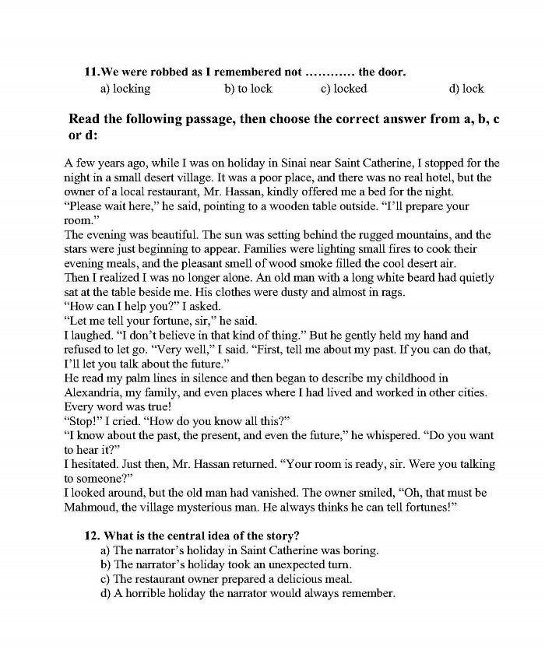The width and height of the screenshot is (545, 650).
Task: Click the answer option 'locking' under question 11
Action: point(131,89)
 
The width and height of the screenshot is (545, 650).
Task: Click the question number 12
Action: point(93,536)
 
